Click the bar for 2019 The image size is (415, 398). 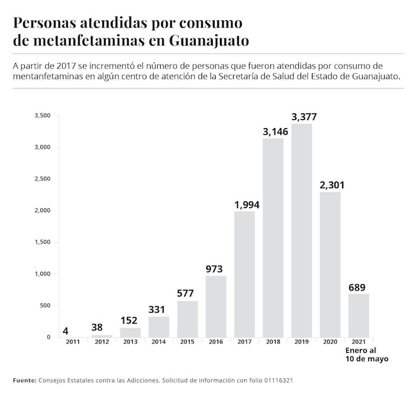pos(301,230)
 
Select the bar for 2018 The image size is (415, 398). pos(273,237)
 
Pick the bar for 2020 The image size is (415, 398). pos(330,265)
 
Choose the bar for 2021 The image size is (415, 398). pos(358,316)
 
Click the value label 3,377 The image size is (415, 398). pos(302,115)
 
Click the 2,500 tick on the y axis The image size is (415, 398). pos(42,179)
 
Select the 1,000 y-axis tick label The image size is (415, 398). pos(42,274)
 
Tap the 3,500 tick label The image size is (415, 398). pos(42,115)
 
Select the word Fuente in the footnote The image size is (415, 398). pos(23,380)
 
